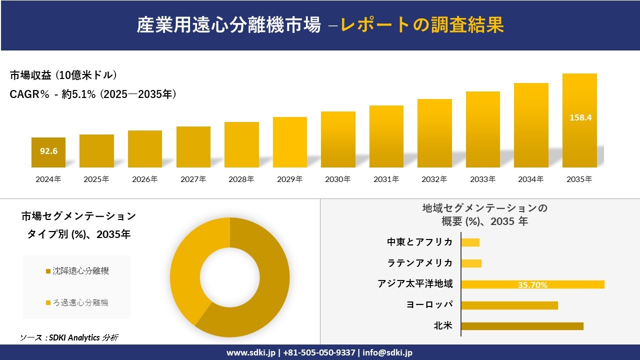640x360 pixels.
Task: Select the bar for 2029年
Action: pyautogui.click(x=290, y=142)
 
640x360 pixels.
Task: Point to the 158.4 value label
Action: pyautogui.click(x=580, y=118)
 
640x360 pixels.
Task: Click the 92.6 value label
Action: pyautogui.click(x=48, y=151)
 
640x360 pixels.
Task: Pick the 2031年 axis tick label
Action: pyautogui.click(x=386, y=179)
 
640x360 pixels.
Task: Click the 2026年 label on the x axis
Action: pyautogui.click(x=144, y=179)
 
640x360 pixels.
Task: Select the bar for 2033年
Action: pyautogui.click(x=483, y=129)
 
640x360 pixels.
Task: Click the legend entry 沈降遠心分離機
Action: pyautogui.click(x=80, y=271)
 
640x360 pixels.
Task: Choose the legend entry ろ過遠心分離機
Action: pyautogui.click(x=80, y=302)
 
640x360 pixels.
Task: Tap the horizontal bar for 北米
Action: pyautogui.click(x=522, y=326)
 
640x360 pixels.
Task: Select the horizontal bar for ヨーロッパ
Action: pyautogui.click(x=509, y=305)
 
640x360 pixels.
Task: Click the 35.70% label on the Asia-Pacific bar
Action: pyautogui.click(x=532, y=285)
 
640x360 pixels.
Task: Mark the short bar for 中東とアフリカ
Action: pyautogui.click(x=470, y=242)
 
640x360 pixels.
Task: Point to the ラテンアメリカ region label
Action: pyautogui.click(x=420, y=263)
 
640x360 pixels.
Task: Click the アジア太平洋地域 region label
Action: pyautogui.click(x=415, y=284)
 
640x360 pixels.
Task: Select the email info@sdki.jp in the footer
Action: pyautogui.click(x=387, y=352)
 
